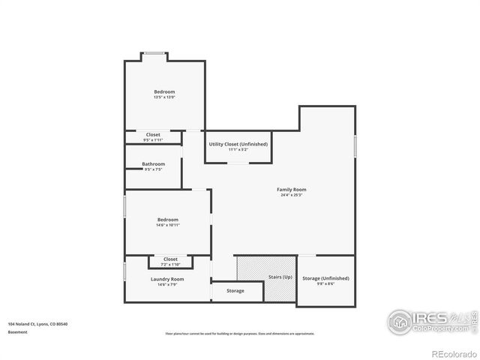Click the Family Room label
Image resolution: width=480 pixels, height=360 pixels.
[x=291, y=190]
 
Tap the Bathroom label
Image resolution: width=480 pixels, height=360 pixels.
[x=153, y=163]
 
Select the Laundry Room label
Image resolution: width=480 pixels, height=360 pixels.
[x=166, y=279]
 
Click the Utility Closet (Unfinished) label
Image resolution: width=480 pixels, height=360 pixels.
[x=238, y=144]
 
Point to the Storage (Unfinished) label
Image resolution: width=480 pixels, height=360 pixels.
[x=325, y=278]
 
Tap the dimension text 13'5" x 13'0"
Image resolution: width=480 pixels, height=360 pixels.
[x=163, y=97]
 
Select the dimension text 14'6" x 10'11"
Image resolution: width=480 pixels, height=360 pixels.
[x=167, y=225]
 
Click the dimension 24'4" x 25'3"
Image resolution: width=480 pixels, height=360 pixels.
[x=291, y=196]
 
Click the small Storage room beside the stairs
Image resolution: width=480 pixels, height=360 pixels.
[x=235, y=291]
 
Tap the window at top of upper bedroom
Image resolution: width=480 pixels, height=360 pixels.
[x=155, y=53]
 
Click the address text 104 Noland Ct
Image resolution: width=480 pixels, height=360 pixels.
[x=37, y=324]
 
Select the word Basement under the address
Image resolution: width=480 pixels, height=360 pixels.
[x=18, y=331]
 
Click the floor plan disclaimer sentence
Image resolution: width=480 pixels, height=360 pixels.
[x=240, y=334]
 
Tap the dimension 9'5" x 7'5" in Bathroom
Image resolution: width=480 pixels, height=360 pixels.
[x=153, y=169]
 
